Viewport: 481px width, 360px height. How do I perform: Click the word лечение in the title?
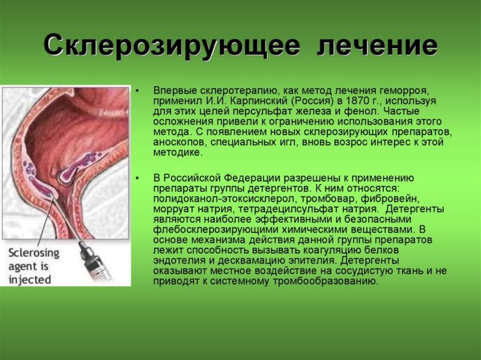[377, 46]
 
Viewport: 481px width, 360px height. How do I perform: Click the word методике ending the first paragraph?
[178, 152]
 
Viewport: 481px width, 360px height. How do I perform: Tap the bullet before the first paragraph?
[137, 91]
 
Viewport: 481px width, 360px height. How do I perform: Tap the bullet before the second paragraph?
[137, 178]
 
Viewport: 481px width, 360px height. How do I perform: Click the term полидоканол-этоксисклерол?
[225, 199]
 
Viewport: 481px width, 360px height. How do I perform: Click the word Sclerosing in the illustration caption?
[34, 254]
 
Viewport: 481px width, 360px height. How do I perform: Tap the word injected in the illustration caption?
[29, 280]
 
